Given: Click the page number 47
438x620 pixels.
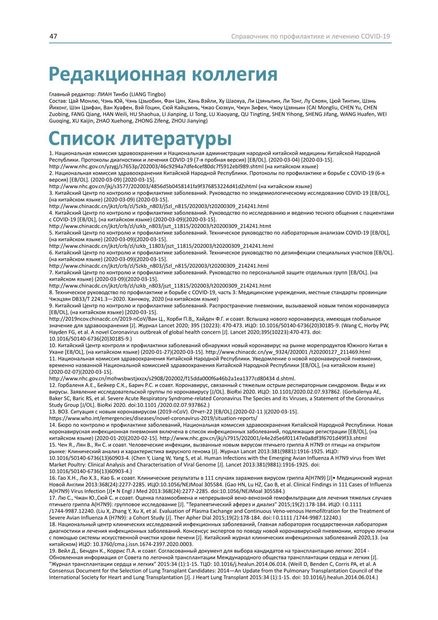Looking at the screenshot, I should pos(53,36).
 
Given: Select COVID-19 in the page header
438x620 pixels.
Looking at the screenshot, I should pos(375,36).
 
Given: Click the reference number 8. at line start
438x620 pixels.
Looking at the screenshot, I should pos(51,292).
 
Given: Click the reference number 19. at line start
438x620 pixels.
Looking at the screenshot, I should pos(53,551).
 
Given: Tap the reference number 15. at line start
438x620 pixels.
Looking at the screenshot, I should pos(53,445).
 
